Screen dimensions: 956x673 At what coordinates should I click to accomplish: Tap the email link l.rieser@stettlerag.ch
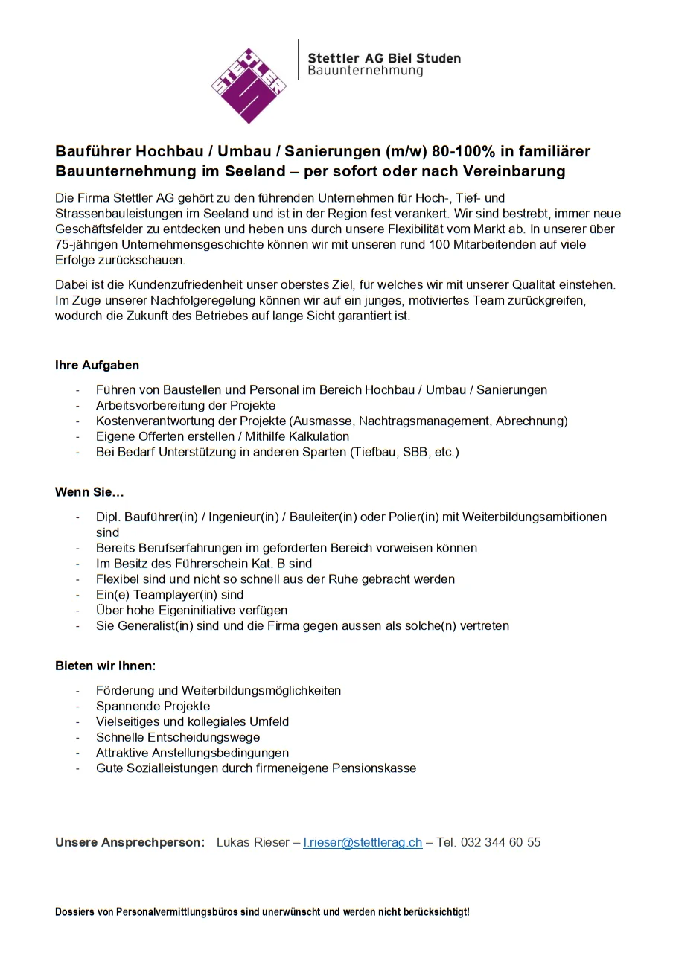pyautogui.click(x=363, y=842)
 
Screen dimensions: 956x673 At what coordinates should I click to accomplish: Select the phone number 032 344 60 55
pyautogui.click(x=500, y=842)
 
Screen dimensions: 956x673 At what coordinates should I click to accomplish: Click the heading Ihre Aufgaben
pyautogui.click(x=97, y=365)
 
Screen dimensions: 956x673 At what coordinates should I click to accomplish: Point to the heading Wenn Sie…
pyautogui.click(x=89, y=492)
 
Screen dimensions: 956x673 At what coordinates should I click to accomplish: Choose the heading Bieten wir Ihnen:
pyautogui.click(x=105, y=666)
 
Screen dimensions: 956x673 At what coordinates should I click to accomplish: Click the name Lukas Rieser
pyautogui.click(x=252, y=842)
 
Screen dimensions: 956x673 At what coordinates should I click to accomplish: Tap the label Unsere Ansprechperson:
pyautogui.click(x=130, y=842)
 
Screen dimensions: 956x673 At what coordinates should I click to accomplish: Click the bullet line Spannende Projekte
pyautogui.click(x=153, y=706)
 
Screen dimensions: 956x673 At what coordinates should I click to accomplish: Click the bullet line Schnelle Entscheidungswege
pyautogui.click(x=178, y=737)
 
